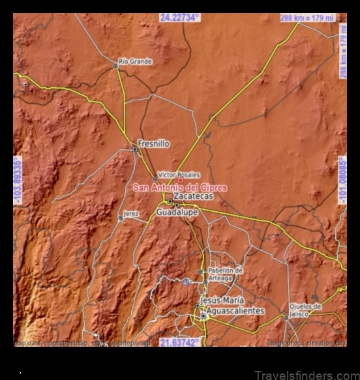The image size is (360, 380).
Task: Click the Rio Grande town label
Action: (x=135, y=62)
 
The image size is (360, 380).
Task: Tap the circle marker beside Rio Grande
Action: (x=115, y=66)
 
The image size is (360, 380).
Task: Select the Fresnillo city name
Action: (x=154, y=143)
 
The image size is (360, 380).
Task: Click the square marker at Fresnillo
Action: (x=135, y=149)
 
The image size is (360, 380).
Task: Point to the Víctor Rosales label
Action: (x=179, y=175)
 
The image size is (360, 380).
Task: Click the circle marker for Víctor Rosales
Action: (x=155, y=179)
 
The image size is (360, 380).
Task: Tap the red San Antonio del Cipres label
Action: (x=180, y=188)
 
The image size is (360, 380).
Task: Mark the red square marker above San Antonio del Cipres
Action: (x=180, y=181)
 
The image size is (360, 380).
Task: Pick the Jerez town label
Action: (x=131, y=214)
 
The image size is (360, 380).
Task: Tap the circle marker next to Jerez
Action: (x=120, y=218)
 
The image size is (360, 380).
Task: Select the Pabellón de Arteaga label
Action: (x=225, y=274)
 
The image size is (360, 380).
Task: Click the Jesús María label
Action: (x=222, y=300)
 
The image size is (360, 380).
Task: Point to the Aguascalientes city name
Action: (x=232, y=311)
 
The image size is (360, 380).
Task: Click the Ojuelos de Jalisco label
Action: (x=305, y=310)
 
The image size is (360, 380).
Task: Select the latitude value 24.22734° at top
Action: (x=179, y=18)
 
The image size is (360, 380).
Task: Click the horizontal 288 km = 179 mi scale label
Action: (x=308, y=18)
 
